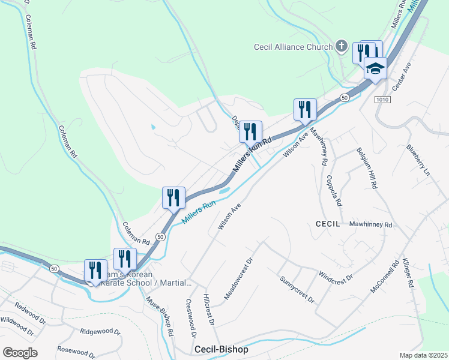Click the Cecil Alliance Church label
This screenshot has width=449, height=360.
coord(293,47)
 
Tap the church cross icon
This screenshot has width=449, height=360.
coord(341,46)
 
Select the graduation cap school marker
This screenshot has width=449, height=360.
coord(375,69)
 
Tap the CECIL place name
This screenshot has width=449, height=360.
coord(328,223)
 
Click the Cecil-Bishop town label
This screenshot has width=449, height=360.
coord(221,349)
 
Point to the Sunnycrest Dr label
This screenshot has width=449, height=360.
coord(297,289)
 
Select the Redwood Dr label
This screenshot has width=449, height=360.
coord(30,312)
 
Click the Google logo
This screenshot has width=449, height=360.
coord(20,353)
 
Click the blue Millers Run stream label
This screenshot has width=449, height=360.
coord(198,213)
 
